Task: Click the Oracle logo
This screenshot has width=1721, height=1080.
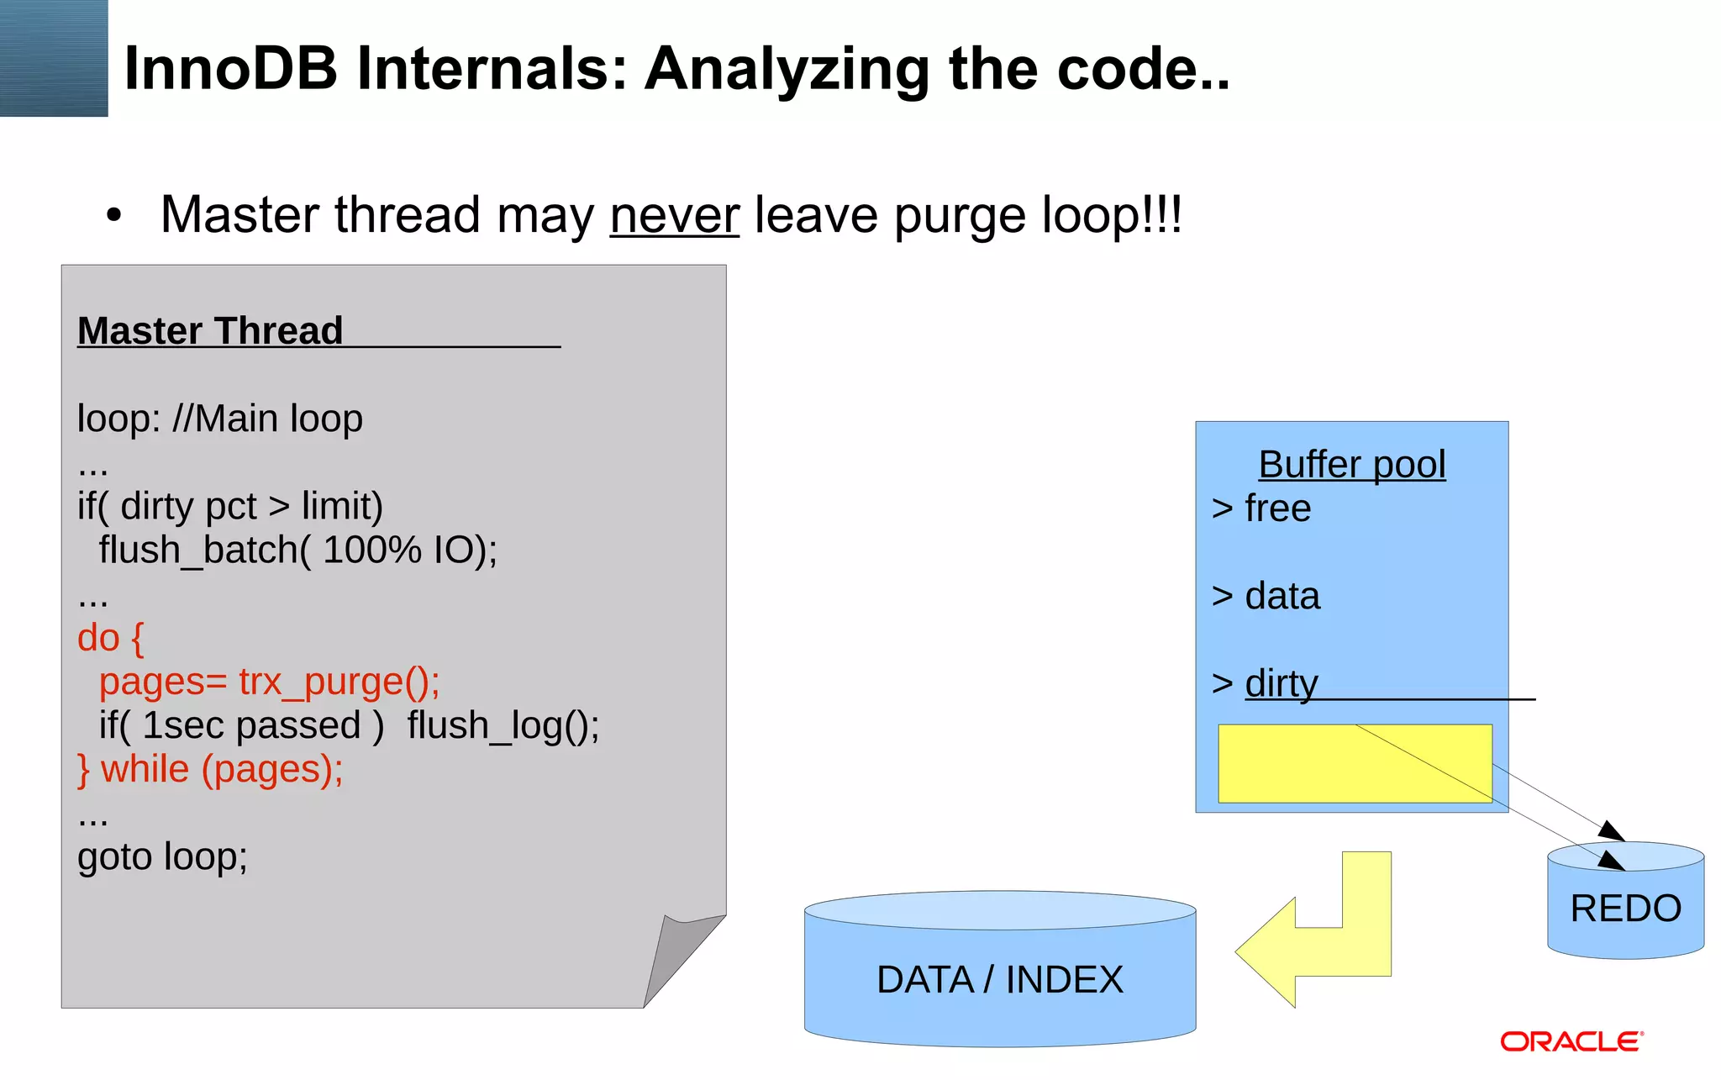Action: point(1571,1042)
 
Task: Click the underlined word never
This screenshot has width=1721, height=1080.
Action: point(674,215)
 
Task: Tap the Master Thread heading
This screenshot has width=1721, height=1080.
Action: point(210,330)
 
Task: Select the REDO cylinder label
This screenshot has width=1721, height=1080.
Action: point(1625,909)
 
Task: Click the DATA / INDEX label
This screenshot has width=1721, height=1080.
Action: point(999,980)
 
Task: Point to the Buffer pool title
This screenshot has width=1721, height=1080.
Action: point(1351,464)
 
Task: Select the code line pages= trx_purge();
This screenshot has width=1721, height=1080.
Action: point(269,682)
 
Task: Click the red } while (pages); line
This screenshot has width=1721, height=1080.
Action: point(210,769)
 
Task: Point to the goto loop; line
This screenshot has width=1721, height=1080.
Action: point(162,857)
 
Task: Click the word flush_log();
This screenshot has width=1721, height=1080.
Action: point(503,725)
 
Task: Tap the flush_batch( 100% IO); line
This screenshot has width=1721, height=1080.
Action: point(297,551)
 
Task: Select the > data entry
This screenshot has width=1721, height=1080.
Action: point(1266,596)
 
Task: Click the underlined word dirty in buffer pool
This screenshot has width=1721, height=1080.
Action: point(1281,683)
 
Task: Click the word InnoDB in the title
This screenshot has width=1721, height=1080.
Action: point(230,68)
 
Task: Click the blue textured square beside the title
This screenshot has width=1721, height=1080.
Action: point(54,58)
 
